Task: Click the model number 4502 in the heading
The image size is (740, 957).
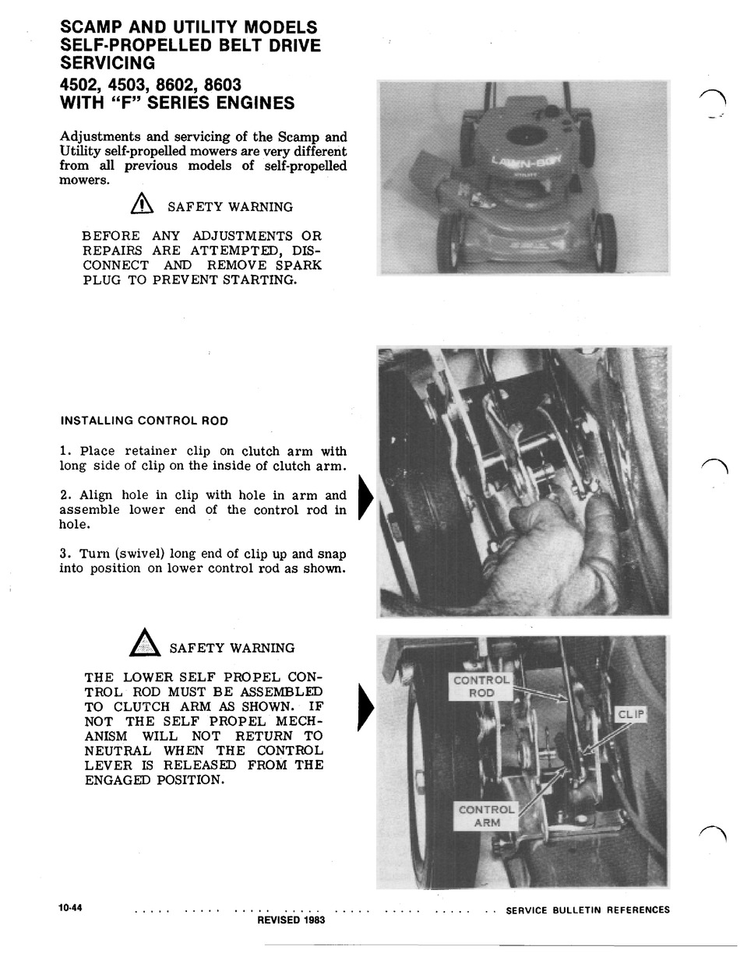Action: click(82, 84)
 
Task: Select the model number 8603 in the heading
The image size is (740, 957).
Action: click(222, 84)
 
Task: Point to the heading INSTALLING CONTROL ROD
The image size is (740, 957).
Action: click(144, 420)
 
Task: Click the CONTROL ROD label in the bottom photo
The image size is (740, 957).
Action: click(481, 686)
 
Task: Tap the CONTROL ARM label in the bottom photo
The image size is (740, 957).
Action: click(486, 815)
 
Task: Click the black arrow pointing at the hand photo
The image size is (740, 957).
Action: click(365, 498)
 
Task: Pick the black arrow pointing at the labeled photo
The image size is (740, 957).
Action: click(365, 707)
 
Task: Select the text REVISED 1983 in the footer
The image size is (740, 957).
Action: click(291, 920)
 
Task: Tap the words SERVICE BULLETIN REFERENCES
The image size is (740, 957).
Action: click(587, 910)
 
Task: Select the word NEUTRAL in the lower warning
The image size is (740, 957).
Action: click(116, 751)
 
